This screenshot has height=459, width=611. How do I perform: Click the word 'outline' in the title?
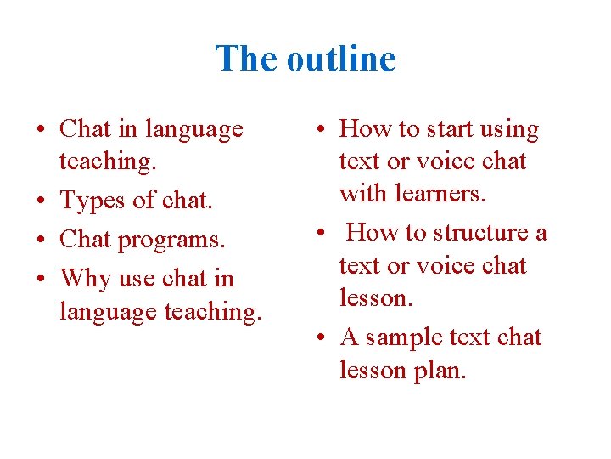point(341,59)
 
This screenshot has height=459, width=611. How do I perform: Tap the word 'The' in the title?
point(247,59)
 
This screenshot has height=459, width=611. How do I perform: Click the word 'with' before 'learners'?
point(362,194)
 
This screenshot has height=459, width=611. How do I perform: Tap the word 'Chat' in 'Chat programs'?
point(85,241)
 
